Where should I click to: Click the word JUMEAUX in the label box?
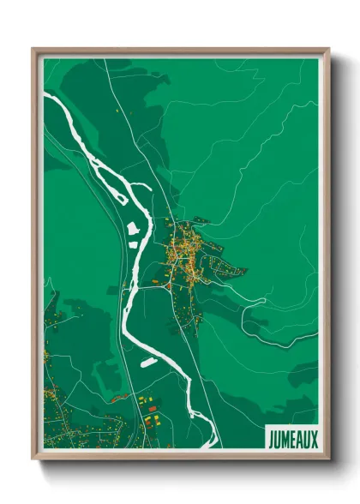click(291, 439)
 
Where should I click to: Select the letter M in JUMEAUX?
click(285, 439)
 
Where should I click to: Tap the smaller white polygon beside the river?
click(134, 243)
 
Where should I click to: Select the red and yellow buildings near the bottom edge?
click(150, 415)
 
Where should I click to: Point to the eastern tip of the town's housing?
click(244, 272)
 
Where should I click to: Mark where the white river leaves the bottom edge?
click(211, 446)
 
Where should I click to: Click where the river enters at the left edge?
click(45, 96)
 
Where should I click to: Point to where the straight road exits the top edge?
click(105, 58)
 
